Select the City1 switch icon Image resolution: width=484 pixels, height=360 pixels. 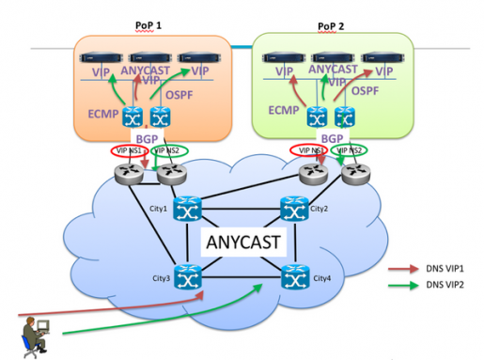(186, 209)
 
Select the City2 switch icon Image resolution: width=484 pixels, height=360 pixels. (292, 209)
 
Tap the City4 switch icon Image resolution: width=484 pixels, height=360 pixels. (292, 278)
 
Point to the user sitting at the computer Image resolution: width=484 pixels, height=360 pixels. (37, 334)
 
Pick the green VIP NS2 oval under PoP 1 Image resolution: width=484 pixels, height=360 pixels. (170, 149)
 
